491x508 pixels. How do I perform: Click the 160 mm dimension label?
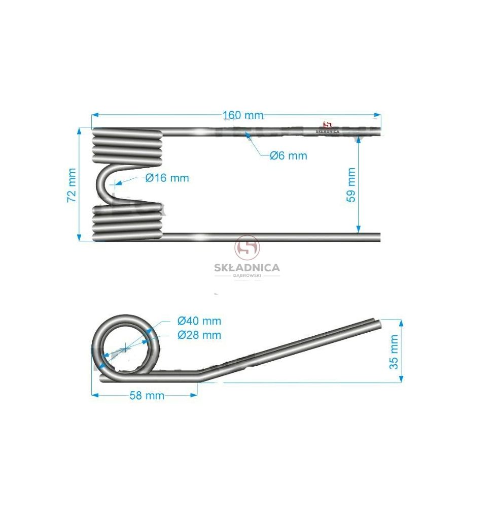coord(243,115)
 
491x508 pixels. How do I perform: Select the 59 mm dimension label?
coord(351,185)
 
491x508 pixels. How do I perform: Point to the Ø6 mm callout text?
coord(289,156)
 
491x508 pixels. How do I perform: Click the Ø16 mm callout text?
coord(167,178)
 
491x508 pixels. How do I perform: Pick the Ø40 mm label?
coord(199,321)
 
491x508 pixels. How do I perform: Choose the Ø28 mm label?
coord(199,335)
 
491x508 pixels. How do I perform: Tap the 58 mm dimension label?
coord(147,396)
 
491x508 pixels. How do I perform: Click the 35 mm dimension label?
coord(394,352)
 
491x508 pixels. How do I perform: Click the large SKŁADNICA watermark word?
coord(247,268)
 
